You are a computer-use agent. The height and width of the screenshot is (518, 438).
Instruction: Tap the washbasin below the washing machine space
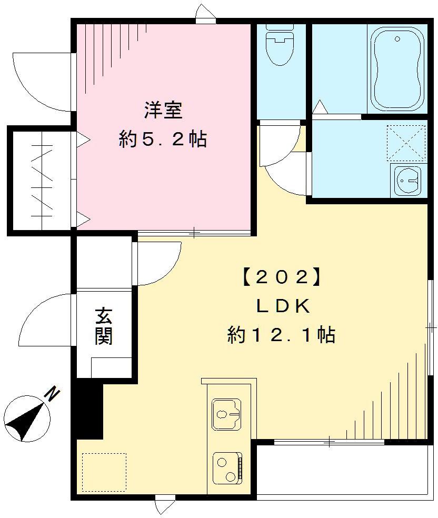405,181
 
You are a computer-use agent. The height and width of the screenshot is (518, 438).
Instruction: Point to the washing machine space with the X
405,143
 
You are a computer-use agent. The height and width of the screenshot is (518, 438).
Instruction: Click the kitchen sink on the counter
226,413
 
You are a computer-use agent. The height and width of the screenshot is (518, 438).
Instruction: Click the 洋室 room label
163,112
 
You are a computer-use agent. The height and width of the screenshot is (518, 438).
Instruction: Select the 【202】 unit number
281,278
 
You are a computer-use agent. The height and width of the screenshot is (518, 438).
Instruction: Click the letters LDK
282,306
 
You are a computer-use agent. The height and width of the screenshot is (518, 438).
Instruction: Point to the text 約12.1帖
282,335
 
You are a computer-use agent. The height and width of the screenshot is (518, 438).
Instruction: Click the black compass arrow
26,422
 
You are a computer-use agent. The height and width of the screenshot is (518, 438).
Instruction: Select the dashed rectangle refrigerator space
104,472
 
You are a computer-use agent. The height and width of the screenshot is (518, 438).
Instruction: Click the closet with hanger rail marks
41,180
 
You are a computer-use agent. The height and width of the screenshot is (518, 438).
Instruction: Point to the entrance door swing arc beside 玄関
45,318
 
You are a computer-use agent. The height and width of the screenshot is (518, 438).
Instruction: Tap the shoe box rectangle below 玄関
111,367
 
